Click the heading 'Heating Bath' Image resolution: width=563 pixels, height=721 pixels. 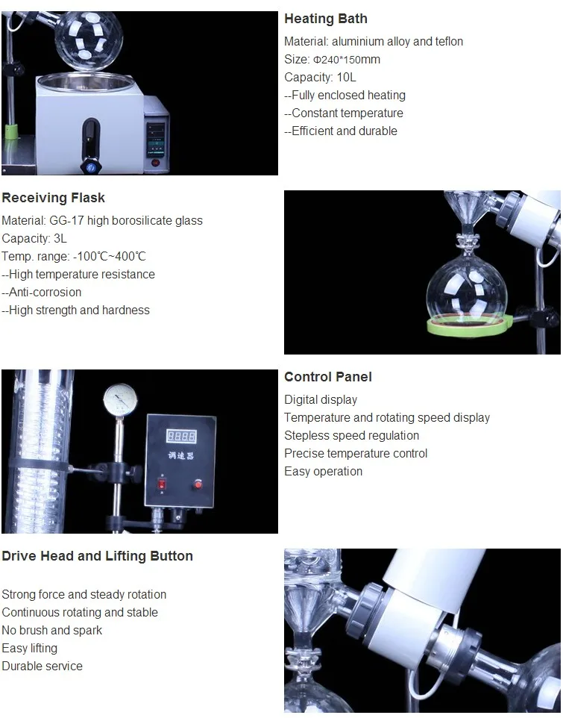[x=325, y=19]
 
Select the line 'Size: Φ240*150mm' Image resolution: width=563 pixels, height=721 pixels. [x=332, y=59]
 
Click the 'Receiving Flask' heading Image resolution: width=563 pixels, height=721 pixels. [x=53, y=198]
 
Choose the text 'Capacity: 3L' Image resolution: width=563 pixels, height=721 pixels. [x=34, y=238]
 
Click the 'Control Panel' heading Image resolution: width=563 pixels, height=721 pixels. [x=327, y=377]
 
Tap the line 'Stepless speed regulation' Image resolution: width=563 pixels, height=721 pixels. [x=351, y=435]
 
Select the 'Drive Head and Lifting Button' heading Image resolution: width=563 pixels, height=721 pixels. [x=97, y=556]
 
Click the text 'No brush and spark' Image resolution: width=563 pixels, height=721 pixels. [x=52, y=630]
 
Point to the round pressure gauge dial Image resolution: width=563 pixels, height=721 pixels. [x=120, y=399]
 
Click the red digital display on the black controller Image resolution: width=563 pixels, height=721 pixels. [x=181, y=436]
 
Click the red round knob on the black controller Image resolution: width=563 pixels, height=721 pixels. [x=198, y=484]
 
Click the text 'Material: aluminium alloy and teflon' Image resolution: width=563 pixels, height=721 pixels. [x=374, y=41]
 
